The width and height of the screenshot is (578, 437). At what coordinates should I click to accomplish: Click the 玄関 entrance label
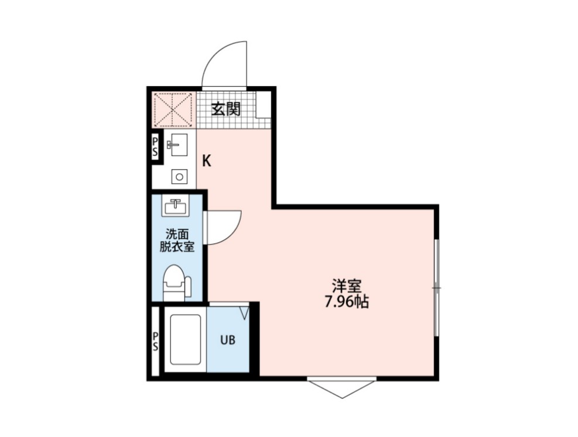tap(226, 109)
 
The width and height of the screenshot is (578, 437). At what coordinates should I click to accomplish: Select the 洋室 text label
tap(346, 287)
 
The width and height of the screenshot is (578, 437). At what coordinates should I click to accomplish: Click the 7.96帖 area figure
tap(346, 303)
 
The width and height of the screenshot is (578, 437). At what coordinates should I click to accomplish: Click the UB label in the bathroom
tap(227, 340)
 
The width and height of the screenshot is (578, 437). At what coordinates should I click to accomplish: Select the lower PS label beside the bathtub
tap(155, 340)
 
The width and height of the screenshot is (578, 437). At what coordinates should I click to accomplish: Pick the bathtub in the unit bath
tap(185, 340)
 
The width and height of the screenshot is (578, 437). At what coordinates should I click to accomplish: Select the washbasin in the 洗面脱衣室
tap(175, 207)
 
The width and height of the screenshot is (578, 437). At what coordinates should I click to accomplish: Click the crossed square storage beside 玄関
tap(173, 109)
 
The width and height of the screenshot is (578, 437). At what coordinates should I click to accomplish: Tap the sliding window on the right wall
tap(436, 287)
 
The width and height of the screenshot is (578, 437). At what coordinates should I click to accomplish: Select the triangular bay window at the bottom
tap(341, 387)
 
